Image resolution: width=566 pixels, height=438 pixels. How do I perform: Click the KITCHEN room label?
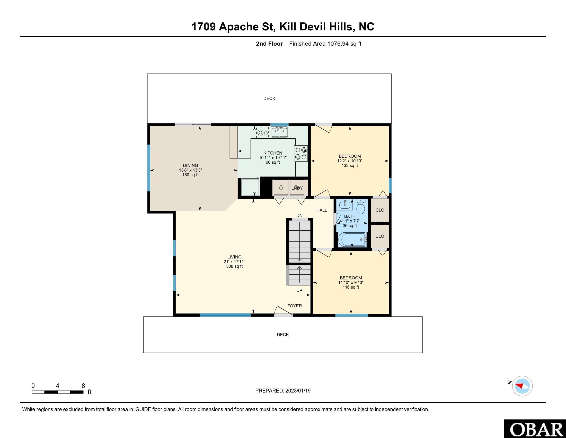coord(273,153)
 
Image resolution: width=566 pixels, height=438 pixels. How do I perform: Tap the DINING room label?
coord(190,166)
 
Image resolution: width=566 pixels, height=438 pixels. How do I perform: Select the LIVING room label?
coord(234,257)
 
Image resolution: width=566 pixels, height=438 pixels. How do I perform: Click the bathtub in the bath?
coord(352,240)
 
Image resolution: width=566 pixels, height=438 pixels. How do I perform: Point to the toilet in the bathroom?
coord(360,206)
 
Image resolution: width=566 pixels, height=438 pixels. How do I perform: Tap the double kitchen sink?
coord(279,132)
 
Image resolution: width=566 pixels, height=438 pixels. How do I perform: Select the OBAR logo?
coord(535,429)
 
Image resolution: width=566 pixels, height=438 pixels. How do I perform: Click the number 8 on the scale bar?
coord(83,386)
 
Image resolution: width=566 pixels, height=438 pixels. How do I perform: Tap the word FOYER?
coord(294,306)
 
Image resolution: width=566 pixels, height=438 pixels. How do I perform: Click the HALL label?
coord(322,210)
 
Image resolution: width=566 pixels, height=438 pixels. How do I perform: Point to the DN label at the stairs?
coord(299,216)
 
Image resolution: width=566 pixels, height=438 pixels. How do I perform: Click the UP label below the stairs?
coord(299,291)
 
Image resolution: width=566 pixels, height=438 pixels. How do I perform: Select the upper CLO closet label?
coord(380,210)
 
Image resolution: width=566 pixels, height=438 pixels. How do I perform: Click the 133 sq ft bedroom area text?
coord(350,166)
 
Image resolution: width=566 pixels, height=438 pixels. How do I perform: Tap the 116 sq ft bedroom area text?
coord(351,287)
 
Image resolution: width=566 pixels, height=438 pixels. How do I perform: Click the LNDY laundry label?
coord(297,188)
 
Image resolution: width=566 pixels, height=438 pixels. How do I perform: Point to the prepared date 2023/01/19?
coord(298,391)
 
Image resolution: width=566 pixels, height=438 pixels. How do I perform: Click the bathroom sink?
coord(344,205)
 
